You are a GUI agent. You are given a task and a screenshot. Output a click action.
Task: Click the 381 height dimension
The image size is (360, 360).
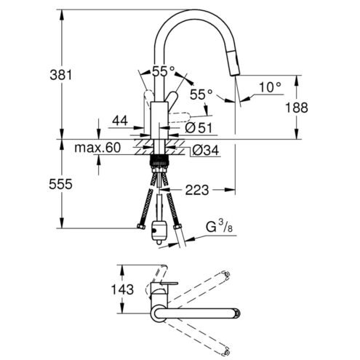[61, 75]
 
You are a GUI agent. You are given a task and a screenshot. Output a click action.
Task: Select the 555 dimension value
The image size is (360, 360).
[60, 184]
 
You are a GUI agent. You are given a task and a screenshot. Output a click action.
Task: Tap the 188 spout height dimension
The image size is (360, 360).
[296, 108]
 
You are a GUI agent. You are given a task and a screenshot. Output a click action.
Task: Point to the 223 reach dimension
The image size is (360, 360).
[197, 190]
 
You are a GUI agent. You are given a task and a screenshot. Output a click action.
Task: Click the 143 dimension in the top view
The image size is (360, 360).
[122, 289]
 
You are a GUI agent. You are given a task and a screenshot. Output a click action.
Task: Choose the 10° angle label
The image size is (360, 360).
[270, 87]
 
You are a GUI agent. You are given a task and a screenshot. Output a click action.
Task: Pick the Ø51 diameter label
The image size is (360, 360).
[199, 128]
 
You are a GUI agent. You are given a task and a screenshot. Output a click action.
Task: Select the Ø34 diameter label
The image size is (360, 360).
[206, 151]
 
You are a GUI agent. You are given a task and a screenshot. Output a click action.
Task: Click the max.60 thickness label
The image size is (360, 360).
[97, 148]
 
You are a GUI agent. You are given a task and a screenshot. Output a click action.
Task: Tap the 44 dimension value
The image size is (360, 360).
[120, 121]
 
